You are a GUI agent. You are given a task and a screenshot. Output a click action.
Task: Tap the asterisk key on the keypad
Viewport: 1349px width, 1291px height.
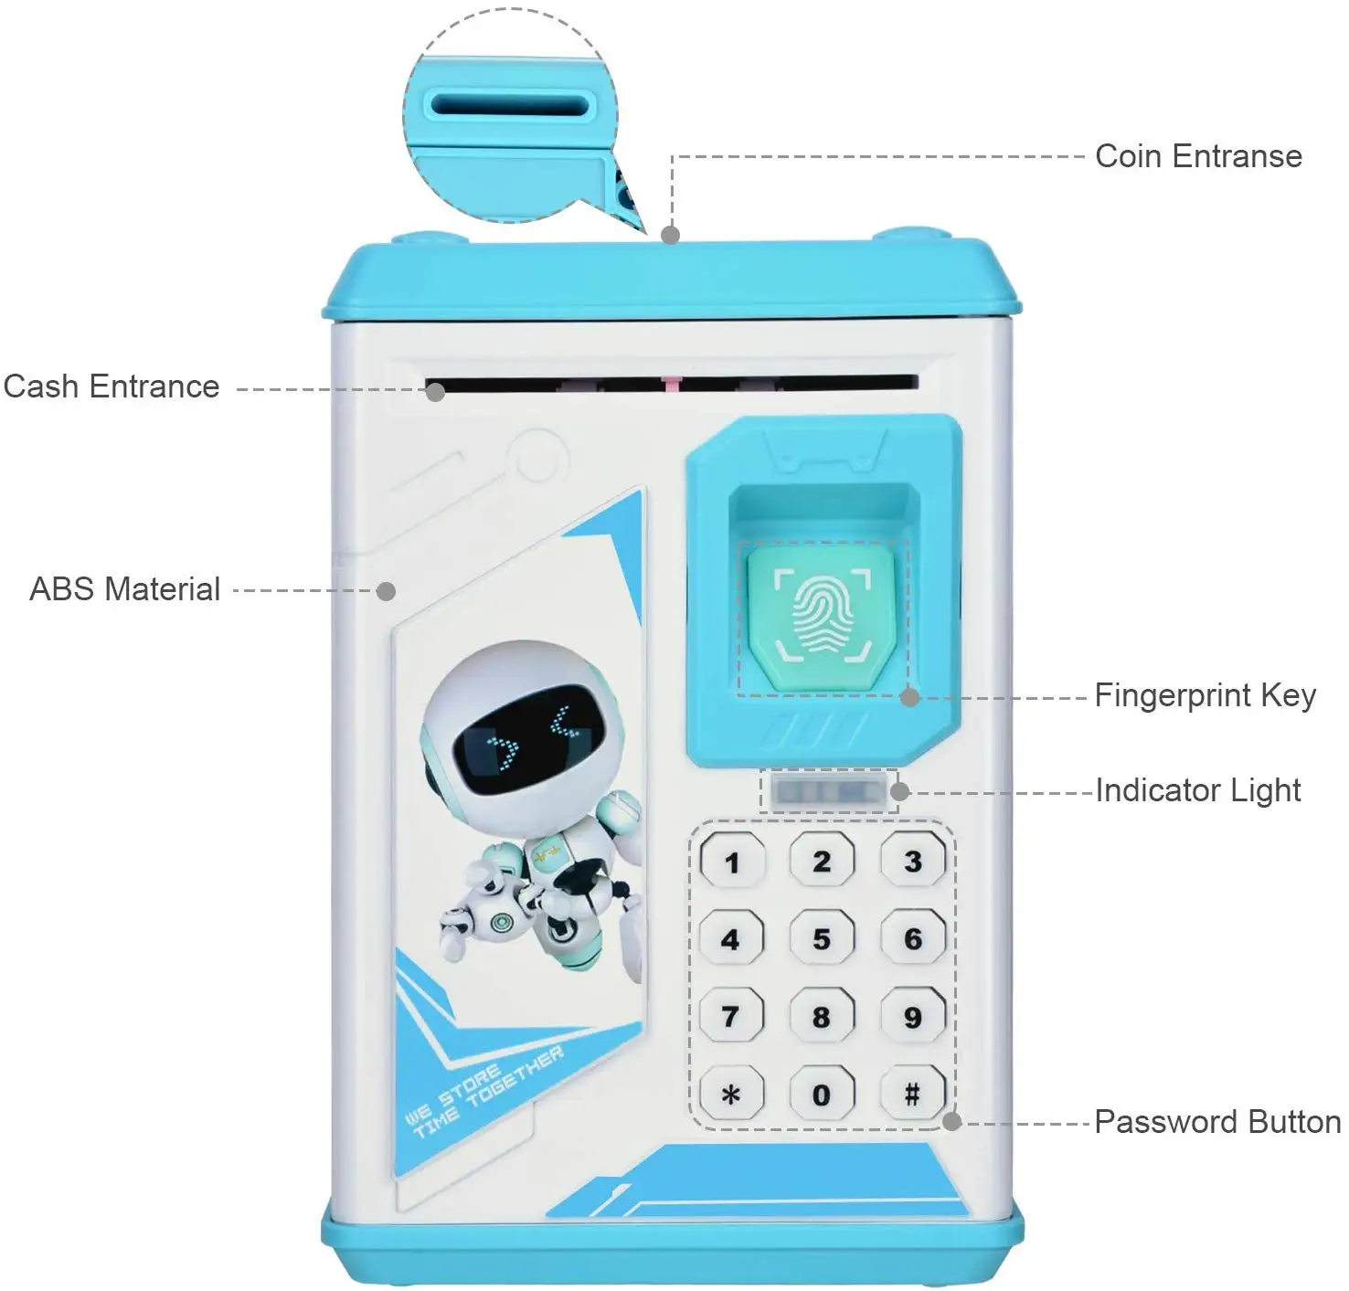pos(731,1094)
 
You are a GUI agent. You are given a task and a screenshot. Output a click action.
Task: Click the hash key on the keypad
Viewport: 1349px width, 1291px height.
pos(912,1094)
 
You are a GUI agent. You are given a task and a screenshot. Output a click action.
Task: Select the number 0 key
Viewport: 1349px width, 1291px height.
pos(822,1094)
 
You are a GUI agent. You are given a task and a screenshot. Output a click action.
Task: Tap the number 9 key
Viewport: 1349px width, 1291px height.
pos(912,1017)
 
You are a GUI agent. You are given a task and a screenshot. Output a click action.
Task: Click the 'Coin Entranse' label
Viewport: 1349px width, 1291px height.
pos(1198,156)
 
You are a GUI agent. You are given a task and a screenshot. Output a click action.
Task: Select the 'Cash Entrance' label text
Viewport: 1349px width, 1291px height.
pos(112,386)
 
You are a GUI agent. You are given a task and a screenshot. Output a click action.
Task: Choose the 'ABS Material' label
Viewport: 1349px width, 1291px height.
pos(125,589)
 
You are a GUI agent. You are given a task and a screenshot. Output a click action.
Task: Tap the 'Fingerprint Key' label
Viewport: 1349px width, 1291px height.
pos(1205,695)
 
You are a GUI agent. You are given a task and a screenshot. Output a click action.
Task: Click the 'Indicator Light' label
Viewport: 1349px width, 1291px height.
pos(1197,790)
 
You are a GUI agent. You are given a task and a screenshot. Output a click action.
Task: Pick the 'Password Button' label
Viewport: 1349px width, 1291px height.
pos(1217,1121)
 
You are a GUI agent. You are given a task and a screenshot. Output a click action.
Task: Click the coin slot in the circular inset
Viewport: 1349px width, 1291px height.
pos(512,102)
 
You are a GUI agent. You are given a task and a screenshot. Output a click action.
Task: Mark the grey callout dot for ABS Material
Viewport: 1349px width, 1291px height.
pos(387,591)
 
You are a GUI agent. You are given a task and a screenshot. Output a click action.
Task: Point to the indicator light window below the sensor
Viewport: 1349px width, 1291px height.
pos(827,791)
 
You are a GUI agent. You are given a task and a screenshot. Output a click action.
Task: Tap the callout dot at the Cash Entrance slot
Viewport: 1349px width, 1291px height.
pos(436,392)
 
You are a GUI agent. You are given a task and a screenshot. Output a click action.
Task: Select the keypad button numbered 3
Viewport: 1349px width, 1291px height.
pos(912,862)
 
